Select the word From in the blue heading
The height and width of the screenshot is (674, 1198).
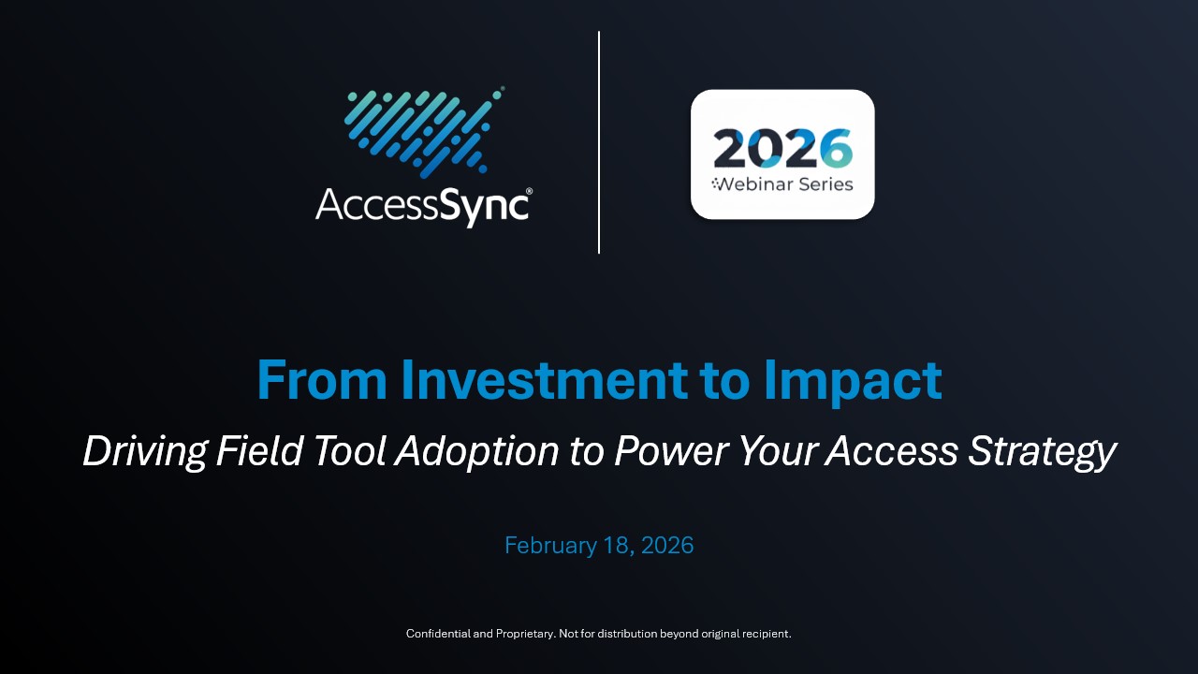click(322, 380)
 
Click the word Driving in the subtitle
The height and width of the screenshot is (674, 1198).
click(144, 452)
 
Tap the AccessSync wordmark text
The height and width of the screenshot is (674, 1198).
click(423, 205)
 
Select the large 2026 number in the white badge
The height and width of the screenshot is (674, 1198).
click(782, 148)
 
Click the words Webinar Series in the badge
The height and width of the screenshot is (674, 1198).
click(787, 184)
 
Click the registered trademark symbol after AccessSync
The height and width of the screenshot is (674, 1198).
click(530, 191)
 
